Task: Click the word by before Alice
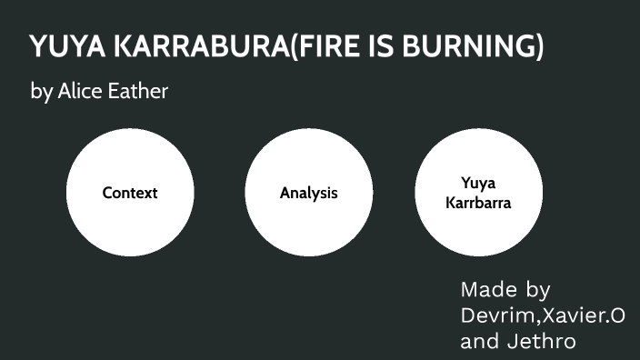click(41, 93)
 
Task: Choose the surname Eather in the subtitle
click(140, 92)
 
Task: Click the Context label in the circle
click(130, 193)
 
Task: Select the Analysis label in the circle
click(309, 193)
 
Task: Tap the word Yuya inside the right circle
click(478, 183)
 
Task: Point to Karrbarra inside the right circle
click(478, 203)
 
